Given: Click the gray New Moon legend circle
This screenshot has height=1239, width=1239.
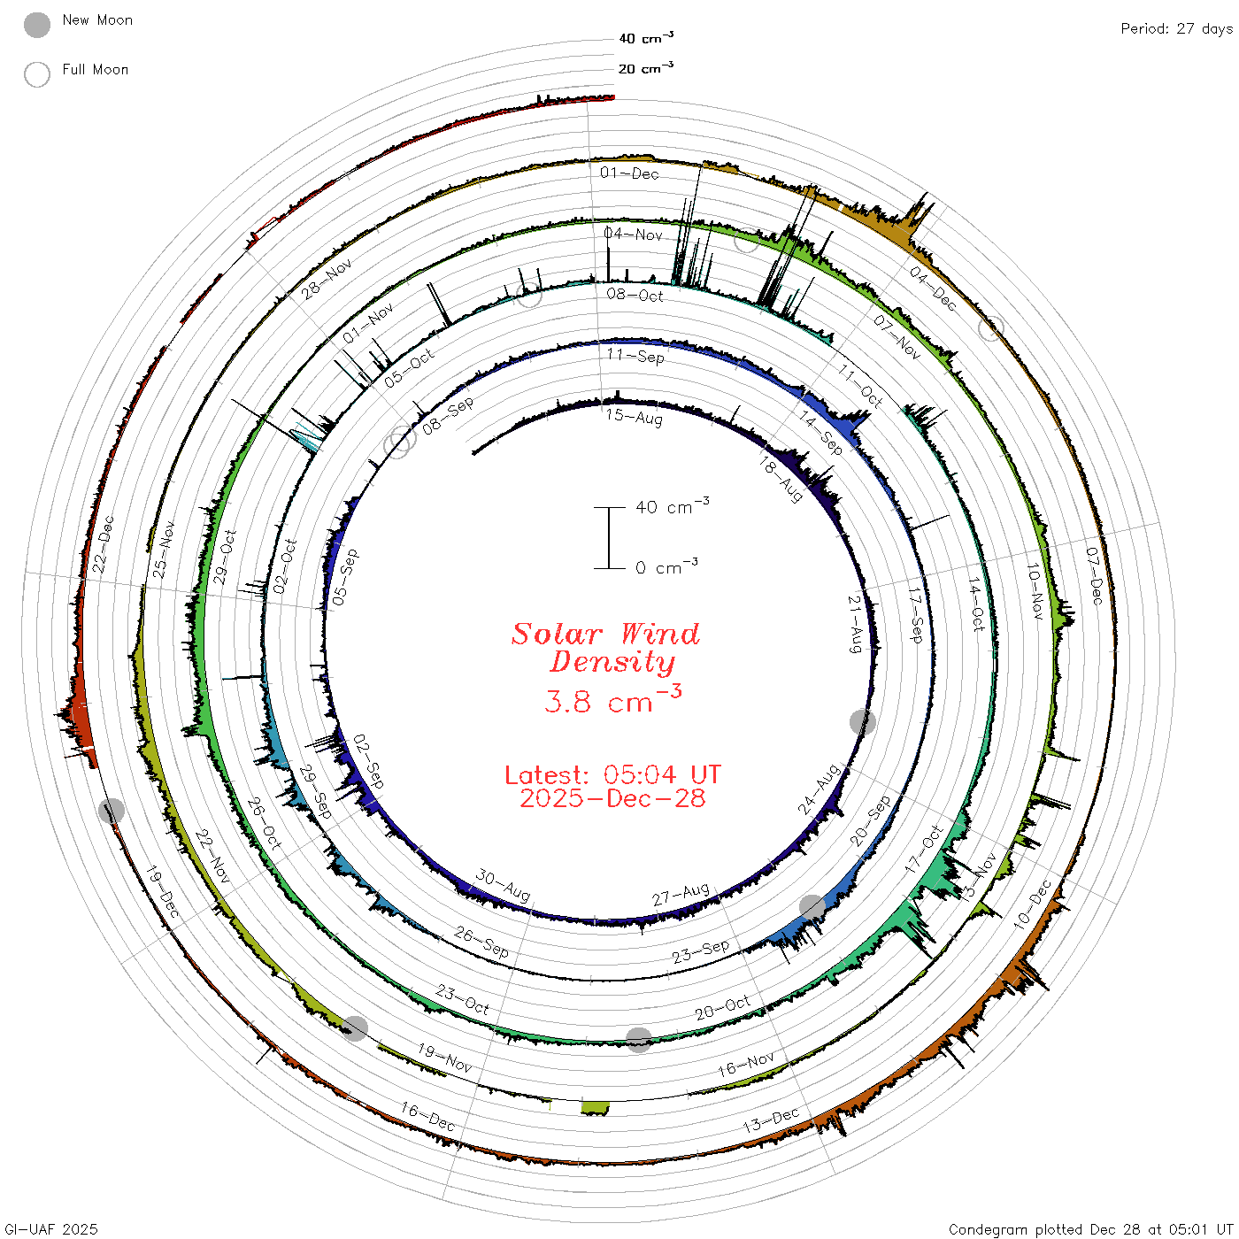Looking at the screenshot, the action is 36,25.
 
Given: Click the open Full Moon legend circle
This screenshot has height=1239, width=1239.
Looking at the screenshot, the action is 36,74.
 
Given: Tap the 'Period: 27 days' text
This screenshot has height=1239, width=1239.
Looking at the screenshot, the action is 1177,29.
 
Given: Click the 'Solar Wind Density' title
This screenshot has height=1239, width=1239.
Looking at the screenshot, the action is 605,648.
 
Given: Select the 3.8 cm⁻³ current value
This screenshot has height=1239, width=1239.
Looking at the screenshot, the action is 612,700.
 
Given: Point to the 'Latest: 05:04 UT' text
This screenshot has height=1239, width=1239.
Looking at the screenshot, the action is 612,774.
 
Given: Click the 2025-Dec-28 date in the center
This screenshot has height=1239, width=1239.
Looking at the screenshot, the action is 612,798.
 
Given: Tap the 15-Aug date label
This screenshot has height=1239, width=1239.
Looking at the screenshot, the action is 634,417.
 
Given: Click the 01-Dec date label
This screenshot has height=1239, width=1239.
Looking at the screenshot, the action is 629,173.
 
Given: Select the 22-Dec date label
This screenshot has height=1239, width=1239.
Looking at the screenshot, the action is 103,544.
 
